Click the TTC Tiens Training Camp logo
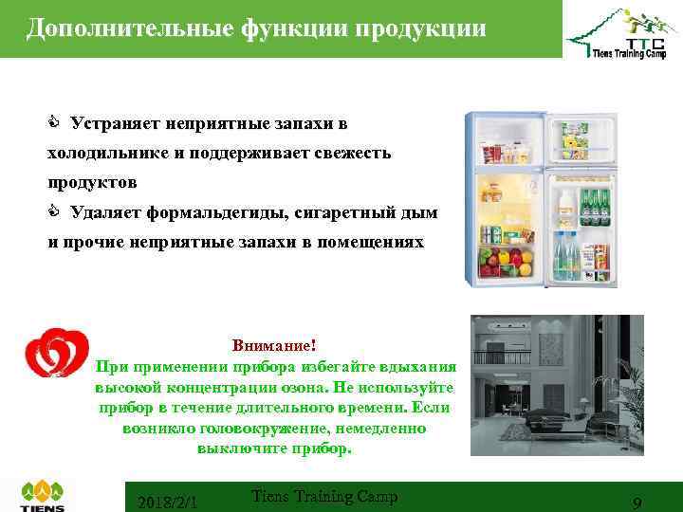tap(616, 39)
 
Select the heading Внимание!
tap(274, 347)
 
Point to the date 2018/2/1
tap(167, 502)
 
